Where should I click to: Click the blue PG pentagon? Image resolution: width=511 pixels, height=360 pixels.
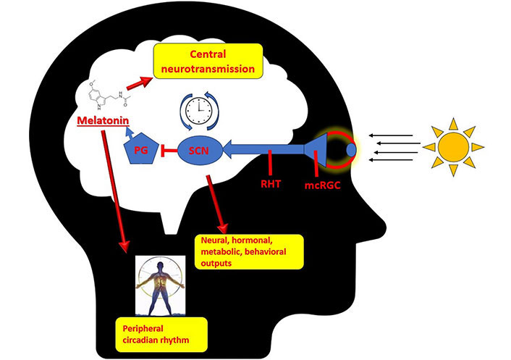140,150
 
